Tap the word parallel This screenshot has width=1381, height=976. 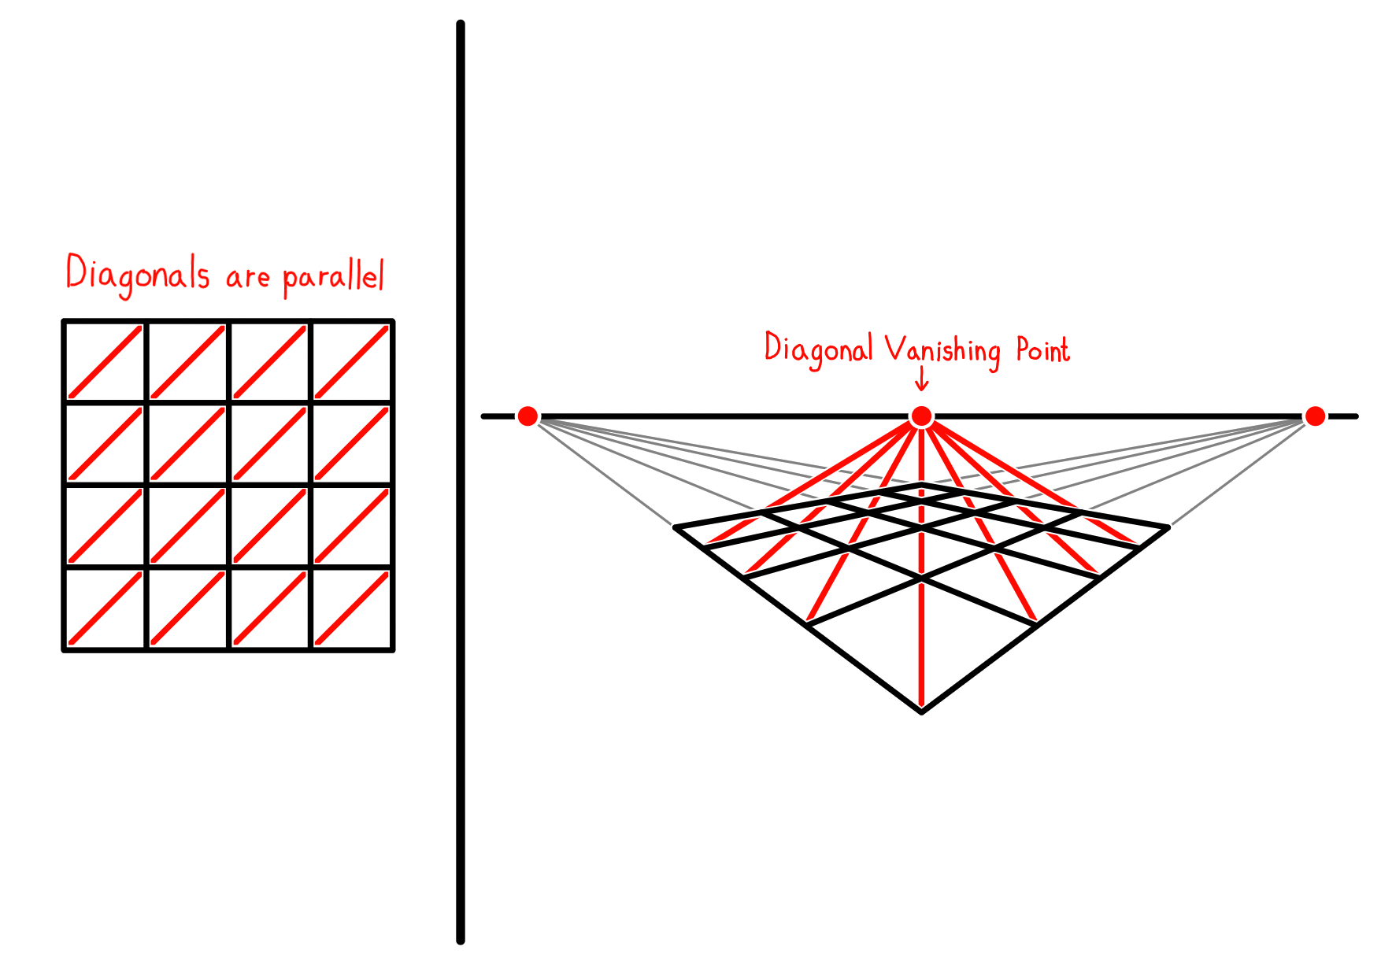click(333, 275)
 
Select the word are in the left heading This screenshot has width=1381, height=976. click(247, 278)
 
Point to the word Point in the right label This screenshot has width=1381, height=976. click(1042, 349)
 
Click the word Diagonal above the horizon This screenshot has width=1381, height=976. click(819, 349)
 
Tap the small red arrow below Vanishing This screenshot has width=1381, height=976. click(921, 379)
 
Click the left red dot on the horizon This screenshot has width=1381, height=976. click(528, 416)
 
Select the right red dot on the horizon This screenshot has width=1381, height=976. click(1315, 416)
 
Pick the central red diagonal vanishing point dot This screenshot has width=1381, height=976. click(921, 416)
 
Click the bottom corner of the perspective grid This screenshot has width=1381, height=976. click(921, 712)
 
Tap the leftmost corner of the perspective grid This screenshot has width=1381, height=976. click(675, 527)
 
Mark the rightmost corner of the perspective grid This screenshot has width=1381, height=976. click(1168, 527)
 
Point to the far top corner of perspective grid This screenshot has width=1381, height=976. click(921, 484)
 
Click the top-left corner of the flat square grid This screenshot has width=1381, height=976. click(64, 321)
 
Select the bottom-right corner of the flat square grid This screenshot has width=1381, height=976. click(392, 649)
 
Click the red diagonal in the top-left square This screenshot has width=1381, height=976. click(106, 362)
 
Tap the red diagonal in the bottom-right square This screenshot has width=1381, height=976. click(351, 608)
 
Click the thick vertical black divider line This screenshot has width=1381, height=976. click(461, 482)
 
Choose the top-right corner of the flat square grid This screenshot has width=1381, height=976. click(392, 321)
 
